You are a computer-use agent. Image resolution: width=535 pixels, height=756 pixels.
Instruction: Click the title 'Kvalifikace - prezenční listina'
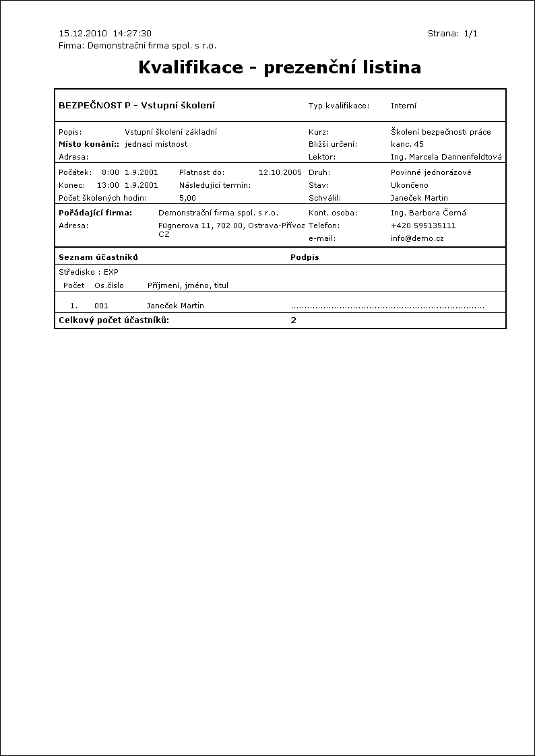pos(280,67)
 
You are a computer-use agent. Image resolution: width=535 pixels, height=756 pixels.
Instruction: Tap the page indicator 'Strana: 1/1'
pos(453,33)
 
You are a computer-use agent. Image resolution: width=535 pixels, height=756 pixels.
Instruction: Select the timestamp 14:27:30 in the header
pos(132,33)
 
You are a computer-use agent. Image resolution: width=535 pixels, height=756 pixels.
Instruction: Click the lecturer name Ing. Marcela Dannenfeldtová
pos(446,157)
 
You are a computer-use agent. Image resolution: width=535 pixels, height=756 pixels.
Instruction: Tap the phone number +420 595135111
pos(423,226)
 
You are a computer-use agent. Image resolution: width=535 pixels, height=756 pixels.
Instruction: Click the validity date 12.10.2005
pos(280,172)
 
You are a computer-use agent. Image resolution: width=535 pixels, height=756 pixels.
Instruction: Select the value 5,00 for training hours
pos(188,198)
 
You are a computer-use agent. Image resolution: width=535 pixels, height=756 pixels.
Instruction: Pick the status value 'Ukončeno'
pos(409,185)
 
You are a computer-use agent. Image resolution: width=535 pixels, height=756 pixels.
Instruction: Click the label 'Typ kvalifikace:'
pos(339,106)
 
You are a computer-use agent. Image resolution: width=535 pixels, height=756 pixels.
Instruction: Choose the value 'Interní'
pos(404,106)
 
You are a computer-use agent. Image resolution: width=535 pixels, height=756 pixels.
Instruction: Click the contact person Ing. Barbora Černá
pos(429,213)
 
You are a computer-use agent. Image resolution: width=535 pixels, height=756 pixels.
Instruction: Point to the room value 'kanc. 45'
pos(407,144)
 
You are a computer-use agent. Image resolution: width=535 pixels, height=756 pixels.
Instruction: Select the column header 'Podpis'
pos(305,257)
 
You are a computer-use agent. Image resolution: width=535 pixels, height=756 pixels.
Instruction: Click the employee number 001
pos(101,306)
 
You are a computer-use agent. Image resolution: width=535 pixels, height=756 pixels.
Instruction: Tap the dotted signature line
pos(387,307)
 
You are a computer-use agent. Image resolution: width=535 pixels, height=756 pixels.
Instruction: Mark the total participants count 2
pos(294,320)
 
